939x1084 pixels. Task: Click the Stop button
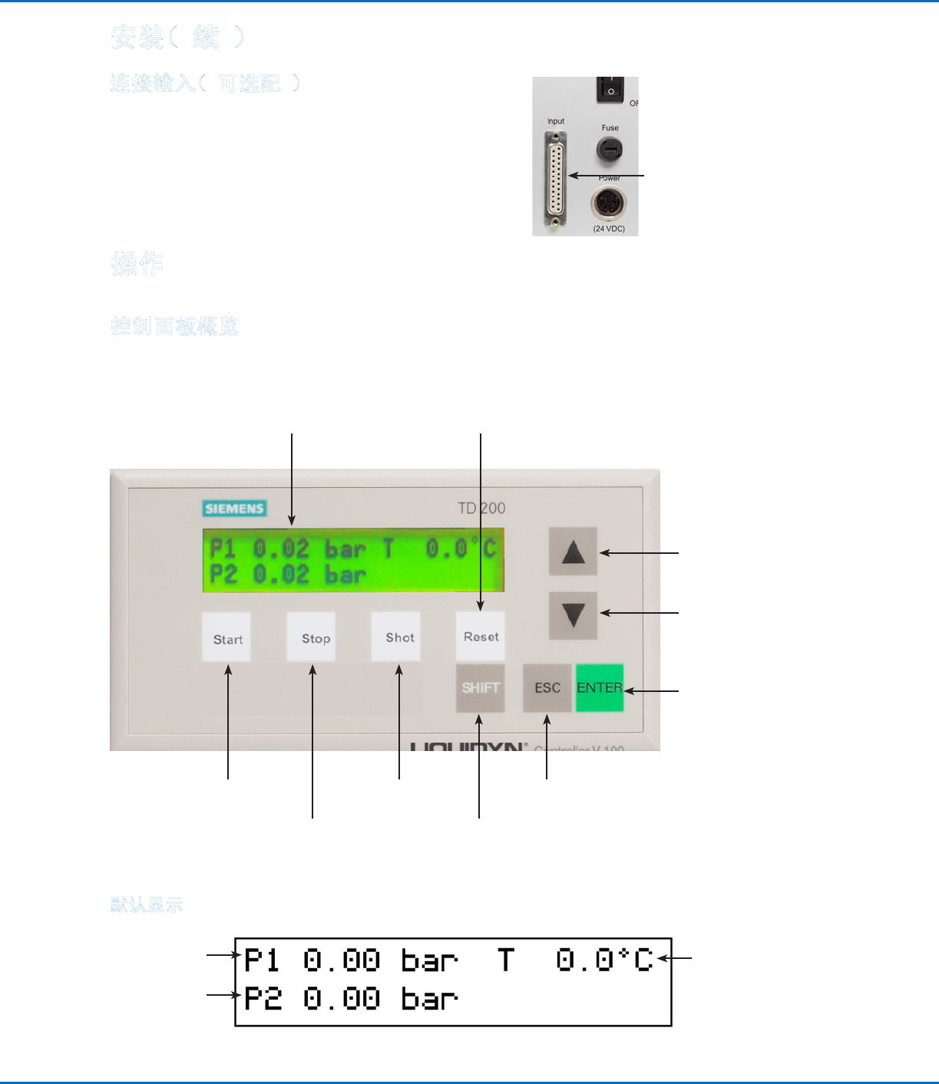pos(312,637)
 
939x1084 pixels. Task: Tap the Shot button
pos(396,637)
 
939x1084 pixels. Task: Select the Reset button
pos(481,636)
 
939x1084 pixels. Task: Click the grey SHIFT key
pos(481,688)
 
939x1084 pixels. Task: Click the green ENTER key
pos(600,688)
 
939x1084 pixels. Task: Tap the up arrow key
pos(573,552)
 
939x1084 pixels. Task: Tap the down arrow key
pos(573,615)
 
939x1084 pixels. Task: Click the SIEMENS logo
pos(235,508)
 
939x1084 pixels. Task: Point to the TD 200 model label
pos(481,508)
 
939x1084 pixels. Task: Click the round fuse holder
pos(610,149)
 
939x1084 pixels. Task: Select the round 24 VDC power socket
pos(609,204)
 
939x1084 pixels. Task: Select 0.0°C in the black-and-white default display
pos(604,960)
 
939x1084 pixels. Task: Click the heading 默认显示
pos(147,905)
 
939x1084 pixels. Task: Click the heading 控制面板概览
pos(175,327)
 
